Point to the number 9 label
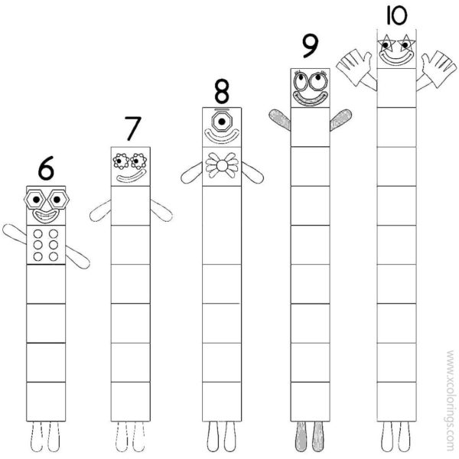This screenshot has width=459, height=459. pyautogui.click(x=309, y=46)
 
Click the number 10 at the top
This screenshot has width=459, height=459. pyautogui.click(x=396, y=15)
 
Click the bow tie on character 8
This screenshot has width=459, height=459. pyautogui.click(x=222, y=165)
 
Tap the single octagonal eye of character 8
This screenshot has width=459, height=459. pyautogui.click(x=222, y=121)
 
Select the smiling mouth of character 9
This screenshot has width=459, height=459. pyautogui.click(x=310, y=97)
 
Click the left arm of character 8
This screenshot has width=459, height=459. pyautogui.click(x=192, y=173)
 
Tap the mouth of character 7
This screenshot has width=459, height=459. pyautogui.click(x=130, y=177)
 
